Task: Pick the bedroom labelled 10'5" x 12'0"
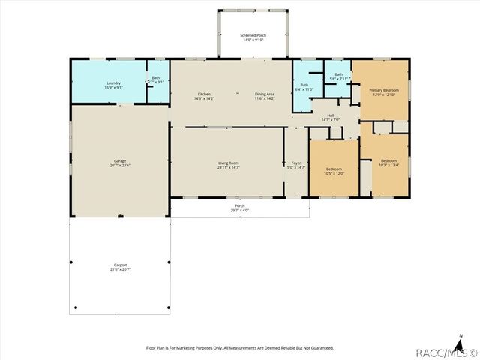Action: point(334,171)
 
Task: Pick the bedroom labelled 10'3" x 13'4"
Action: point(388,163)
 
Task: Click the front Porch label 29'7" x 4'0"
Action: point(239,208)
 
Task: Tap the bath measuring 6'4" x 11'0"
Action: point(304,88)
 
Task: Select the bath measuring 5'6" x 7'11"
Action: point(338,76)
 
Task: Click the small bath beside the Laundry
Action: point(156,79)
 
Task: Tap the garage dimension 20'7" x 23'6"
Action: point(119,166)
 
